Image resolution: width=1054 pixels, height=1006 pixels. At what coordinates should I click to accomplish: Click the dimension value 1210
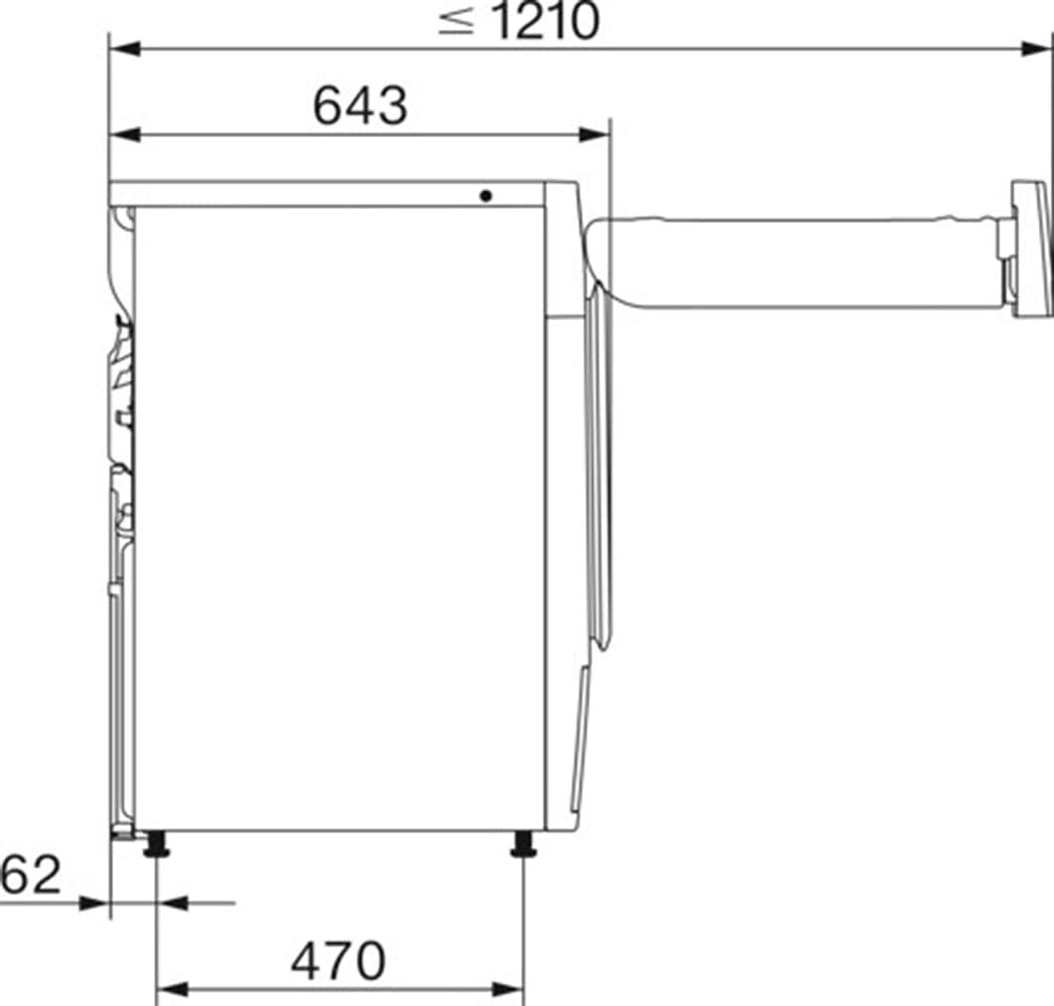544,22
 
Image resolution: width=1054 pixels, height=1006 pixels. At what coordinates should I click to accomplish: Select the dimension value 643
360,105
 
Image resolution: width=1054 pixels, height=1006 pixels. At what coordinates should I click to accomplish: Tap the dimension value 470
338,960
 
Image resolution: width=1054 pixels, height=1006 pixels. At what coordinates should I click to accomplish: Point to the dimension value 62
30,875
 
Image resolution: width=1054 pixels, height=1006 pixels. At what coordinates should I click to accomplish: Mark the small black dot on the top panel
485,196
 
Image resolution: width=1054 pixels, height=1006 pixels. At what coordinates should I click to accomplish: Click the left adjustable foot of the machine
156,846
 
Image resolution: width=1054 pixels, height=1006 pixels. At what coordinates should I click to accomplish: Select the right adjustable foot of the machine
523,846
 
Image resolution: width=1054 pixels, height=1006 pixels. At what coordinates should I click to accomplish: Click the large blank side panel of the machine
338,517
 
